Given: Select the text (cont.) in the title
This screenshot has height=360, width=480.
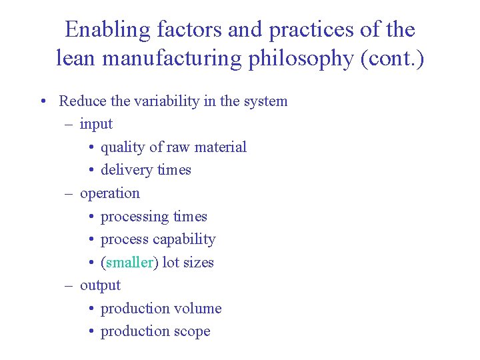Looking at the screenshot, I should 392,59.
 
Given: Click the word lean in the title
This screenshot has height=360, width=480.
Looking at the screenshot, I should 73,59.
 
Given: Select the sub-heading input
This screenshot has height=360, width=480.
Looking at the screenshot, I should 96,125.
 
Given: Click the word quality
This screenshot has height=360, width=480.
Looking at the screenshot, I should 122,147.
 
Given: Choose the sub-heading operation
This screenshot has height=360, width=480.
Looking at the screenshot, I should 110,193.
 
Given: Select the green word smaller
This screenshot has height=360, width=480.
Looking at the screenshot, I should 129,263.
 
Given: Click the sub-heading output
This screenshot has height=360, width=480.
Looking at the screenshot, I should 100,285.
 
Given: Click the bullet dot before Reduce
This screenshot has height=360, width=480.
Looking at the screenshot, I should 42,102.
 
